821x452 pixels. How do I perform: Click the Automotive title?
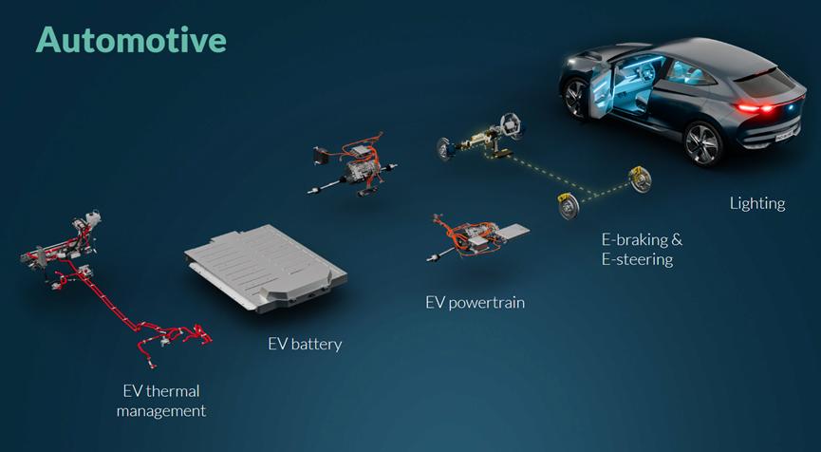pyautogui.click(x=131, y=40)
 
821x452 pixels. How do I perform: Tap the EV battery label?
pyautogui.click(x=305, y=344)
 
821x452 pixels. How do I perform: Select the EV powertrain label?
pyautogui.click(x=475, y=303)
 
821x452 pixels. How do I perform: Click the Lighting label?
pyautogui.click(x=757, y=204)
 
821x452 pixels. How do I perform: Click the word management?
pyautogui.click(x=161, y=411)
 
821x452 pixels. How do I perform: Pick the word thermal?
pyautogui.click(x=174, y=390)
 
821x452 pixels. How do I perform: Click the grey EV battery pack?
pyautogui.click(x=266, y=268)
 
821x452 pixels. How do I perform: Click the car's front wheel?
pyautogui.click(x=575, y=99)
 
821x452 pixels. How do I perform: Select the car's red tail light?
pyautogui.click(x=755, y=108)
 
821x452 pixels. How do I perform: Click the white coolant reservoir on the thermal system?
pyautogui.click(x=92, y=217)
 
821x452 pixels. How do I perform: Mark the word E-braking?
pyautogui.click(x=642, y=240)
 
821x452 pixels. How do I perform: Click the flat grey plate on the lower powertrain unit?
pyautogui.click(x=511, y=231)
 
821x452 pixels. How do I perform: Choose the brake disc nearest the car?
pyautogui.click(x=640, y=179)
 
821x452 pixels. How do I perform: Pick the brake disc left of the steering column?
pyautogui.click(x=444, y=149)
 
